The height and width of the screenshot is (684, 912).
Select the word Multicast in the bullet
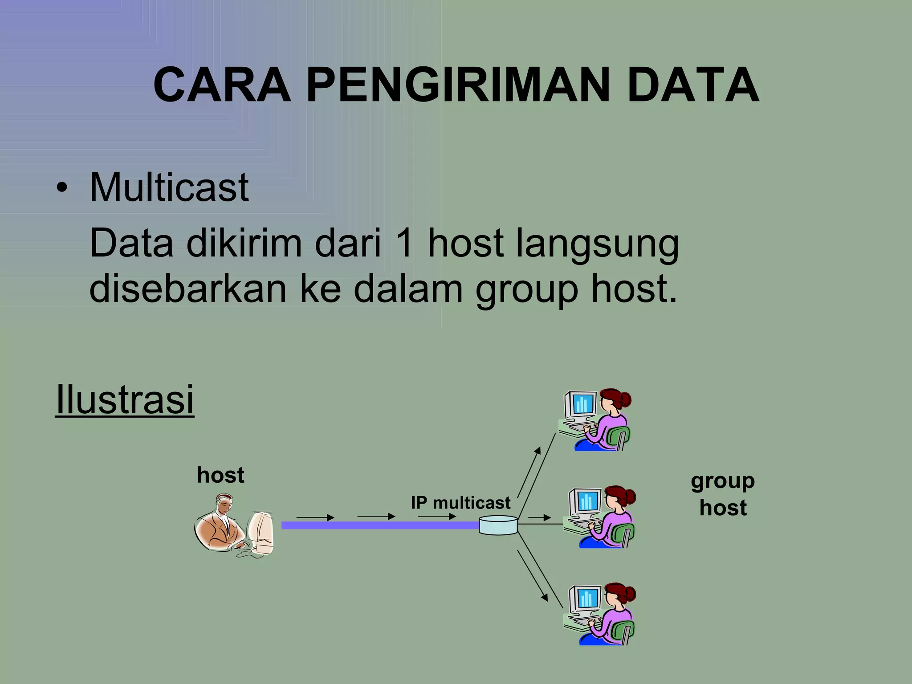tap(169, 187)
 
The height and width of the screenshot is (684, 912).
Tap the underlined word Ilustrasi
tap(125, 399)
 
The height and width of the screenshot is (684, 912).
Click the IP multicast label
tap(460, 503)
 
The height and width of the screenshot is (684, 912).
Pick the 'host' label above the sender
tap(220, 475)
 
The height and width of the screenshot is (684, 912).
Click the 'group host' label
tap(723, 494)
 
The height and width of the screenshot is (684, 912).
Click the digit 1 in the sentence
tap(405, 244)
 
